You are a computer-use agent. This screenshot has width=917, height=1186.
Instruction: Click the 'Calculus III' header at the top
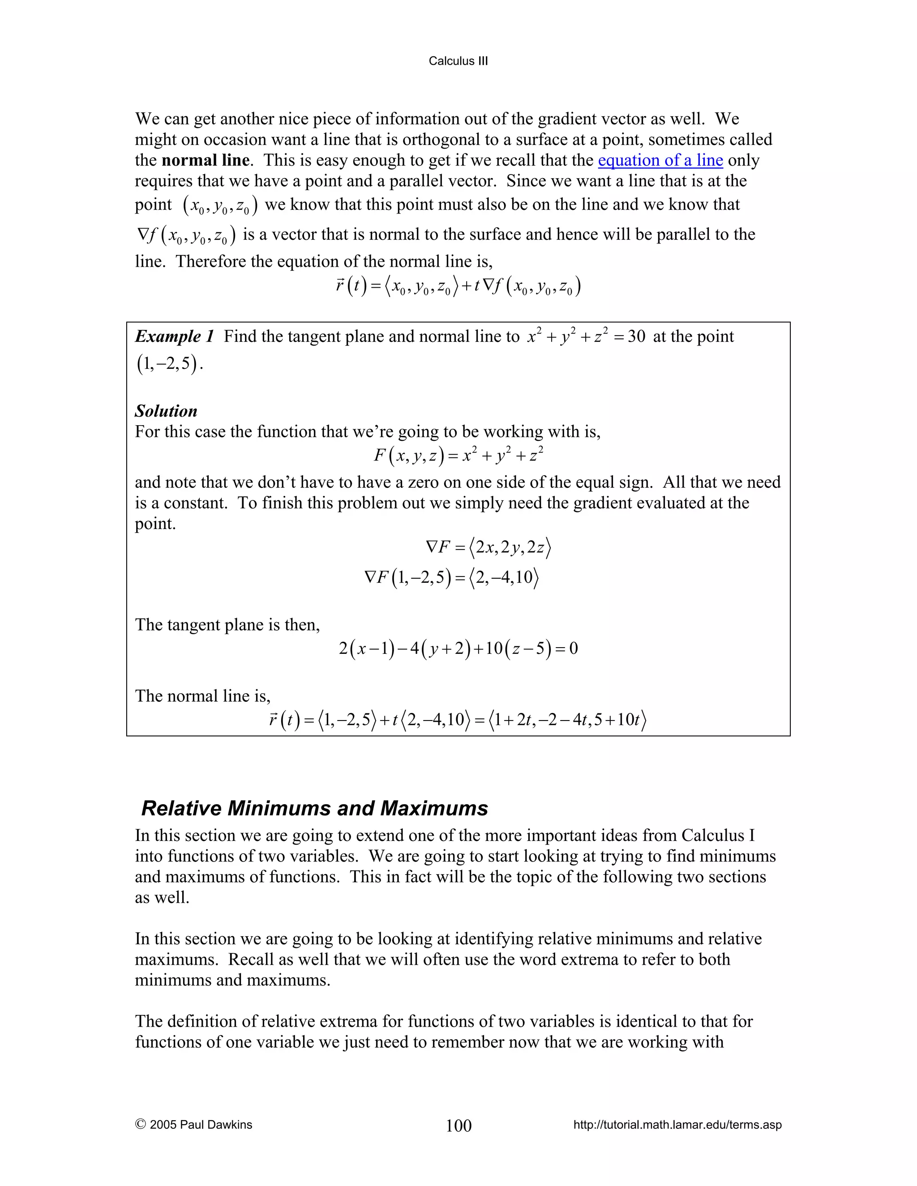458,61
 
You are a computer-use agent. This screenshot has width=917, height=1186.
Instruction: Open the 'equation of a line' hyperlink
660,160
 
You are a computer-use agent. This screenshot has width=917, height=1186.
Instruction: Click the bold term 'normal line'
206,160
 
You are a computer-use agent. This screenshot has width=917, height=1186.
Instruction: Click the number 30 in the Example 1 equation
636,337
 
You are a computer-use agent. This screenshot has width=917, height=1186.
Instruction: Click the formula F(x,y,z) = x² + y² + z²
458,455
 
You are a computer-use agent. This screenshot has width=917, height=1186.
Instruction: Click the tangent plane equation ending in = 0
458,648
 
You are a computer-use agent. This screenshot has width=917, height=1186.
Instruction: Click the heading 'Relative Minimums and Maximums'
314,808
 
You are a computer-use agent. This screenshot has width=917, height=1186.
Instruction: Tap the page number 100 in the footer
458,1125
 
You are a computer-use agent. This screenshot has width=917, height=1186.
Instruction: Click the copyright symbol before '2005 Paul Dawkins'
140,1124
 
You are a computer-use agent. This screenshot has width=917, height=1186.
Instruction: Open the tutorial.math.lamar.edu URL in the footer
677,1125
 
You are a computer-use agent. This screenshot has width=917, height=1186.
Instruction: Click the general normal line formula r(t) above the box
458,286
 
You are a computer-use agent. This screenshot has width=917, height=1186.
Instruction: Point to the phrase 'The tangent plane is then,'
227,625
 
